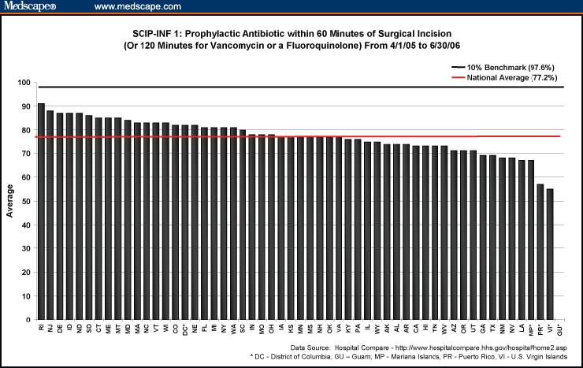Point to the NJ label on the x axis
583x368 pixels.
[x=50, y=327]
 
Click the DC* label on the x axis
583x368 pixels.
[x=185, y=329]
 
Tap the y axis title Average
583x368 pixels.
[x=10, y=201]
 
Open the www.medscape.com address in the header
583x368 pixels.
[x=137, y=7]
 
